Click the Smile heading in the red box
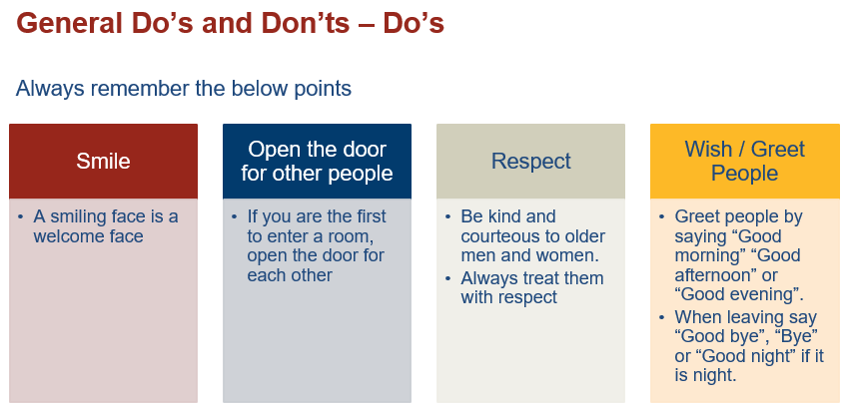click(103, 161)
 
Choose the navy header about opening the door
click(317, 161)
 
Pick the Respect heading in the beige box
click(531, 161)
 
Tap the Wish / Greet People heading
click(745, 161)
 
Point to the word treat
click(543, 278)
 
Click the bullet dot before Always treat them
click(447, 278)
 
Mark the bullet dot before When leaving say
click(662, 317)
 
